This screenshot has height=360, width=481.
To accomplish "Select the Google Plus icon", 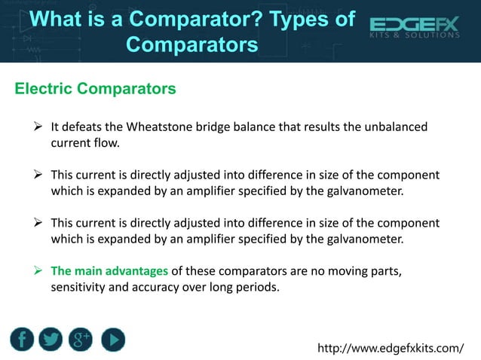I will click(x=81, y=340).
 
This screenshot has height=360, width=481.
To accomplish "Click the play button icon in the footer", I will click(x=112, y=340).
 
